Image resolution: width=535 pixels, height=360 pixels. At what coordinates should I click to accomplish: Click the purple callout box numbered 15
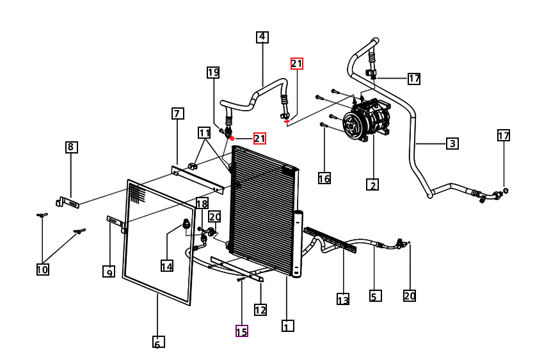point(241,331)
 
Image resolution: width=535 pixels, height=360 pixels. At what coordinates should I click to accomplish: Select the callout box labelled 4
point(262,37)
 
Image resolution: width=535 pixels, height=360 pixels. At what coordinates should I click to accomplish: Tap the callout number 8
point(71,147)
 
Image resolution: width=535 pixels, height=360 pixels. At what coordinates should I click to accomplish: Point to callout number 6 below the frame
point(158,342)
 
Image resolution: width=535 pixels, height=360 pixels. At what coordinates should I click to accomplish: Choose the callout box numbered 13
point(343,299)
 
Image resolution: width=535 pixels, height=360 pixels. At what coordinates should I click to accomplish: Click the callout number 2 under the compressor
point(372,184)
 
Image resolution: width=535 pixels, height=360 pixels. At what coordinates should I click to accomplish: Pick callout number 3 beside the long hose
point(452,143)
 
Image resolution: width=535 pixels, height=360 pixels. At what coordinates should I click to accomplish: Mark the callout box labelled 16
point(324,178)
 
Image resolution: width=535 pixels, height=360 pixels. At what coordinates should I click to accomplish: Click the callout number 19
point(213,72)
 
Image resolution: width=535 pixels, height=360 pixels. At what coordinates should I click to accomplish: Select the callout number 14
point(167,265)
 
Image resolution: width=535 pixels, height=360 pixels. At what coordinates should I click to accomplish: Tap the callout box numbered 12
point(260,309)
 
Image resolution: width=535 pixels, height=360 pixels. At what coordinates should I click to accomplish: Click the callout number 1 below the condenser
point(287,325)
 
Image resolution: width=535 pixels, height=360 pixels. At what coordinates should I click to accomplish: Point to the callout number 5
point(375,295)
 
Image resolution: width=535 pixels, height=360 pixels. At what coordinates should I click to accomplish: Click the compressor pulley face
point(352,124)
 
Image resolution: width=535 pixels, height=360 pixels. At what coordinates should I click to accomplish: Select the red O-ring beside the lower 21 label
point(232,138)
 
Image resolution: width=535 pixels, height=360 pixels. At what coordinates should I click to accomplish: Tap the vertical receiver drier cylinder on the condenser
point(298,244)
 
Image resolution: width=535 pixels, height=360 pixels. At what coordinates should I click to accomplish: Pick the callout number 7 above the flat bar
point(177,114)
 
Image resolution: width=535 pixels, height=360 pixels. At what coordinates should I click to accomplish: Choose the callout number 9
point(109,272)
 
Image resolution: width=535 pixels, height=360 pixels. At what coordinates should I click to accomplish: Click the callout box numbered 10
point(43,269)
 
